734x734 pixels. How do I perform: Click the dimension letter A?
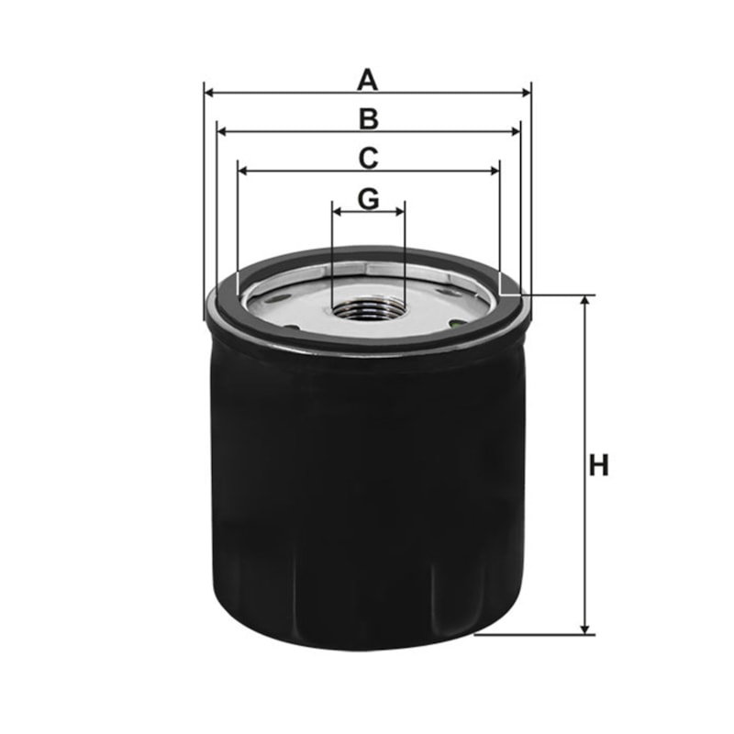[367, 80]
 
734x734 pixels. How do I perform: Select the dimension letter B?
[369, 119]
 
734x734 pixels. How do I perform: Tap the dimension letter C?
[369, 158]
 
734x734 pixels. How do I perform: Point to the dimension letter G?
[369, 199]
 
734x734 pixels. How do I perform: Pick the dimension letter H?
[599, 465]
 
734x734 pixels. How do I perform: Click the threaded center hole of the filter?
[368, 309]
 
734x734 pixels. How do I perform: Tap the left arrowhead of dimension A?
[210, 94]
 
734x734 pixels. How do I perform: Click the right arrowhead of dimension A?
[526, 94]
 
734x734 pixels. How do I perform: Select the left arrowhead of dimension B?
[223, 131]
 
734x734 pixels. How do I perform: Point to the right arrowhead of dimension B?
[515, 131]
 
